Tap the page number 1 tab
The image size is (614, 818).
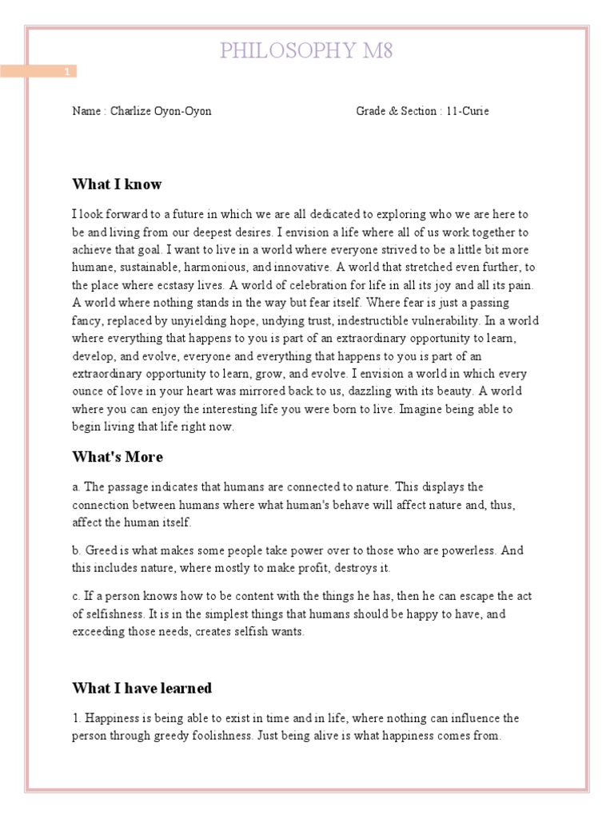[x=68, y=72]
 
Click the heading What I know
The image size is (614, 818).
[x=117, y=185]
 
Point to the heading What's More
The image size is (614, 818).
[x=118, y=457]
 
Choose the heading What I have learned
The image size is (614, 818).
[x=142, y=688]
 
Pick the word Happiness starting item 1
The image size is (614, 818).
[x=113, y=719]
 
